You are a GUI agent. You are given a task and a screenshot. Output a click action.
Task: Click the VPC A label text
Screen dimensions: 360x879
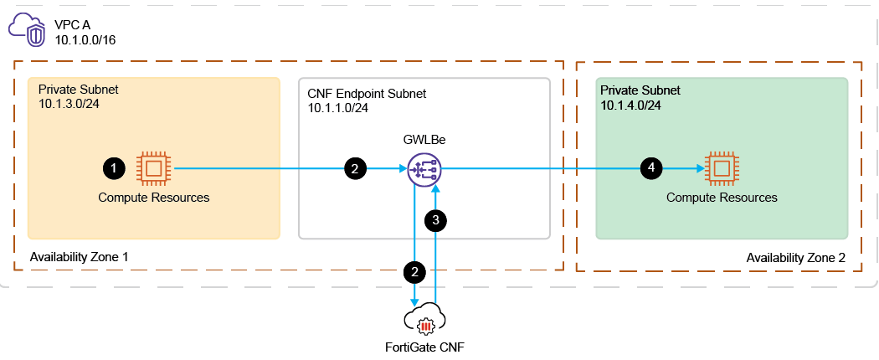click(x=72, y=25)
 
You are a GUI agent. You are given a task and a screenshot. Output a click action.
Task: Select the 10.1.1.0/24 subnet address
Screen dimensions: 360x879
click(x=337, y=107)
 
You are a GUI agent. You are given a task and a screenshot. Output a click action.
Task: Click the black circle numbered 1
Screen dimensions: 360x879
click(x=114, y=168)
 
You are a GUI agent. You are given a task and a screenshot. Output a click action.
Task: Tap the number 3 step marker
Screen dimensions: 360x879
click(x=436, y=220)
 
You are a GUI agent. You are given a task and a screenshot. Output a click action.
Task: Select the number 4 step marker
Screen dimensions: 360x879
click(x=651, y=168)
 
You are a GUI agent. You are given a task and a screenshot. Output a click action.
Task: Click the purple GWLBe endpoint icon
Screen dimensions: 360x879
click(x=423, y=169)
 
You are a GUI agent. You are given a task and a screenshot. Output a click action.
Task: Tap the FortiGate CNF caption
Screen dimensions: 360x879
click(x=424, y=346)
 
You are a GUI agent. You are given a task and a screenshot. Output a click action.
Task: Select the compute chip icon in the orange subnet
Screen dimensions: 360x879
click(x=153, y=168)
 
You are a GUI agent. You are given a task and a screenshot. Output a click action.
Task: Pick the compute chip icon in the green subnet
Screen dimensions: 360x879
click(x=722, y=168)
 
